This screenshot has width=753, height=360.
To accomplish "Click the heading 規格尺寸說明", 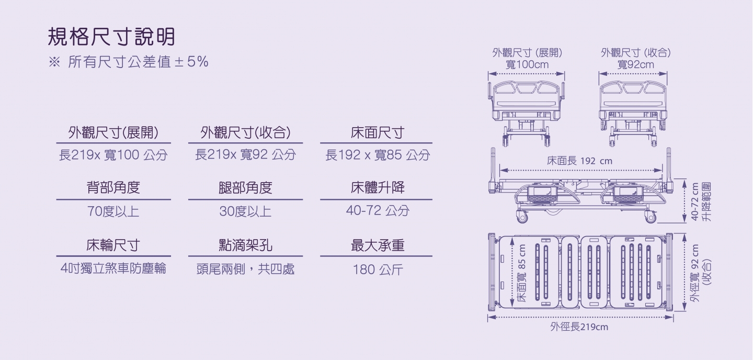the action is (111, 37).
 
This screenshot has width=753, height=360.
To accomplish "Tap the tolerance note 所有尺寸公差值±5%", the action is (138, 62).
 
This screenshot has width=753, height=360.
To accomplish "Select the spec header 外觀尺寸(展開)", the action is (113, 132).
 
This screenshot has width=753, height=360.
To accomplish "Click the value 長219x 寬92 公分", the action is (245, 155).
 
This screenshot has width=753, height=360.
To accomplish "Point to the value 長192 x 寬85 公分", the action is (378, 155).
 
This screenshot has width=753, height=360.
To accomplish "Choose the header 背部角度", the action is (113, 187).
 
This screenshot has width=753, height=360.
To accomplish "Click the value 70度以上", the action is (113, 211).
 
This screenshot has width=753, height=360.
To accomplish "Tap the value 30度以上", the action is (245, 211).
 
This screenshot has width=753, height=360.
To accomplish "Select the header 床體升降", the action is (378, 187).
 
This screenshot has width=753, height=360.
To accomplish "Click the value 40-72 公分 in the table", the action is (378, 211).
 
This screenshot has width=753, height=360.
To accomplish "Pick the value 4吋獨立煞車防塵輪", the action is (113, 268).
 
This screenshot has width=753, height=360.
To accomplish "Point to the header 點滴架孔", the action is (245, 245).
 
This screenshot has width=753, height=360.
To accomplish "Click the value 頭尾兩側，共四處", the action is (245, 269).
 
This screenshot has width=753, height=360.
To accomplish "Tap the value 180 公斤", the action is (378, 269).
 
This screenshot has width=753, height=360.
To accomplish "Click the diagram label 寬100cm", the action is (527, 64).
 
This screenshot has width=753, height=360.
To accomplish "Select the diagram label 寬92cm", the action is (636, 64).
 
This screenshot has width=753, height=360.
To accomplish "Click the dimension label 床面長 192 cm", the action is (579, 161).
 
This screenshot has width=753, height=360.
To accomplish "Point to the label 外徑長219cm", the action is (579, 327).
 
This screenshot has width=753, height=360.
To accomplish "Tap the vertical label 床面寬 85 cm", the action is (522, 273).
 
